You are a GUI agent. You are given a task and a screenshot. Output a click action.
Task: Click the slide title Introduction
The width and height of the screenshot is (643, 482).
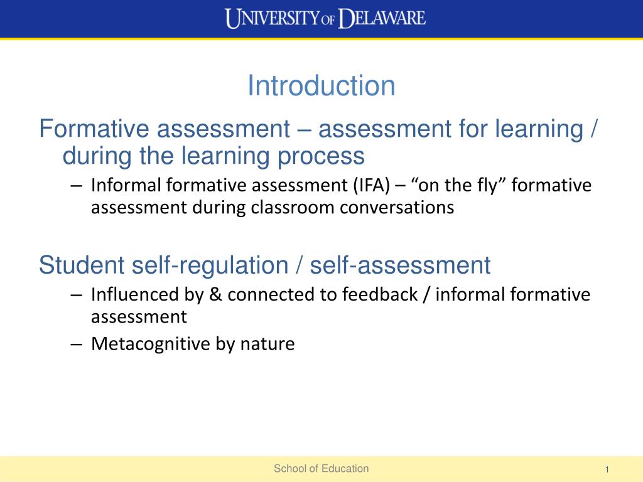321,86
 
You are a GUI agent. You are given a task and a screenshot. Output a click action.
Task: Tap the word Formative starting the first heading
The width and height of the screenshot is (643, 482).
94,129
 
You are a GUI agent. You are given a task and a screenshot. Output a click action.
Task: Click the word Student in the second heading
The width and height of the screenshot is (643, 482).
82,265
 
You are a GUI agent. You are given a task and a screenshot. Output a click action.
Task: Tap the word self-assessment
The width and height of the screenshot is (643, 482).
400,265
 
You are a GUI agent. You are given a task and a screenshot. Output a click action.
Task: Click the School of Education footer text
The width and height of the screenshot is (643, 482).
321,468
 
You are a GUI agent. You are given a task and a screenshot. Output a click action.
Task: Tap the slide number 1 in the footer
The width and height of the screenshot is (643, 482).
607,470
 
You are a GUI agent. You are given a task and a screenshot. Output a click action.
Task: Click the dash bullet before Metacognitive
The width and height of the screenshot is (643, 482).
77,344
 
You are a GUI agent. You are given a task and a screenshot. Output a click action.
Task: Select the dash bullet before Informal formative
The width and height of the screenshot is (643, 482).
77,185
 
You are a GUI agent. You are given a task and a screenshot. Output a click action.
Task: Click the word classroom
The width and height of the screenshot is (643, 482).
294,208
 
